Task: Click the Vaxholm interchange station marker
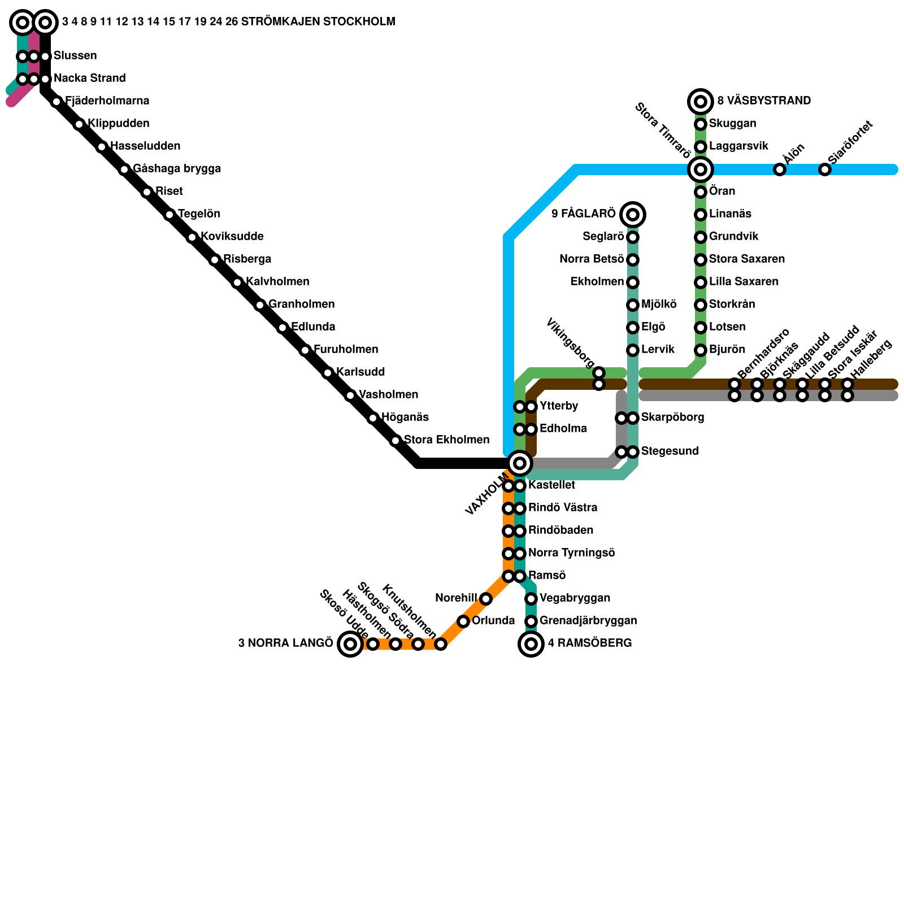pos(520,463)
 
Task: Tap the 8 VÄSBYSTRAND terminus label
pos(764,101)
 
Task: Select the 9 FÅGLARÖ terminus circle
pos(633,214)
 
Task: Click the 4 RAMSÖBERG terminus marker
pos(531,644)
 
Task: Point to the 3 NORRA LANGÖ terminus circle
pos(350,644)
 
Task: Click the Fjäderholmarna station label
pos(107,101)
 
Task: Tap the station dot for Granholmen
pos(260,305)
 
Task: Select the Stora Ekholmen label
pos(446,440)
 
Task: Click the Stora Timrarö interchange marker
pos(701,169)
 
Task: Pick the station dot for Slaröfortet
pos(825,169)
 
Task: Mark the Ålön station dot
pos(780,169)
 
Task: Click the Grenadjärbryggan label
pos(588,621)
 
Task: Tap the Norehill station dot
pos(486,599)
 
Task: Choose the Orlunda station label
pos(493,621)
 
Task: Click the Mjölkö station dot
pos(633,305)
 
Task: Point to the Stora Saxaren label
pos(747,259)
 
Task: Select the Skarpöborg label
pos(672,418)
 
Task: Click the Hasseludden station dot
pos(102,147)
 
